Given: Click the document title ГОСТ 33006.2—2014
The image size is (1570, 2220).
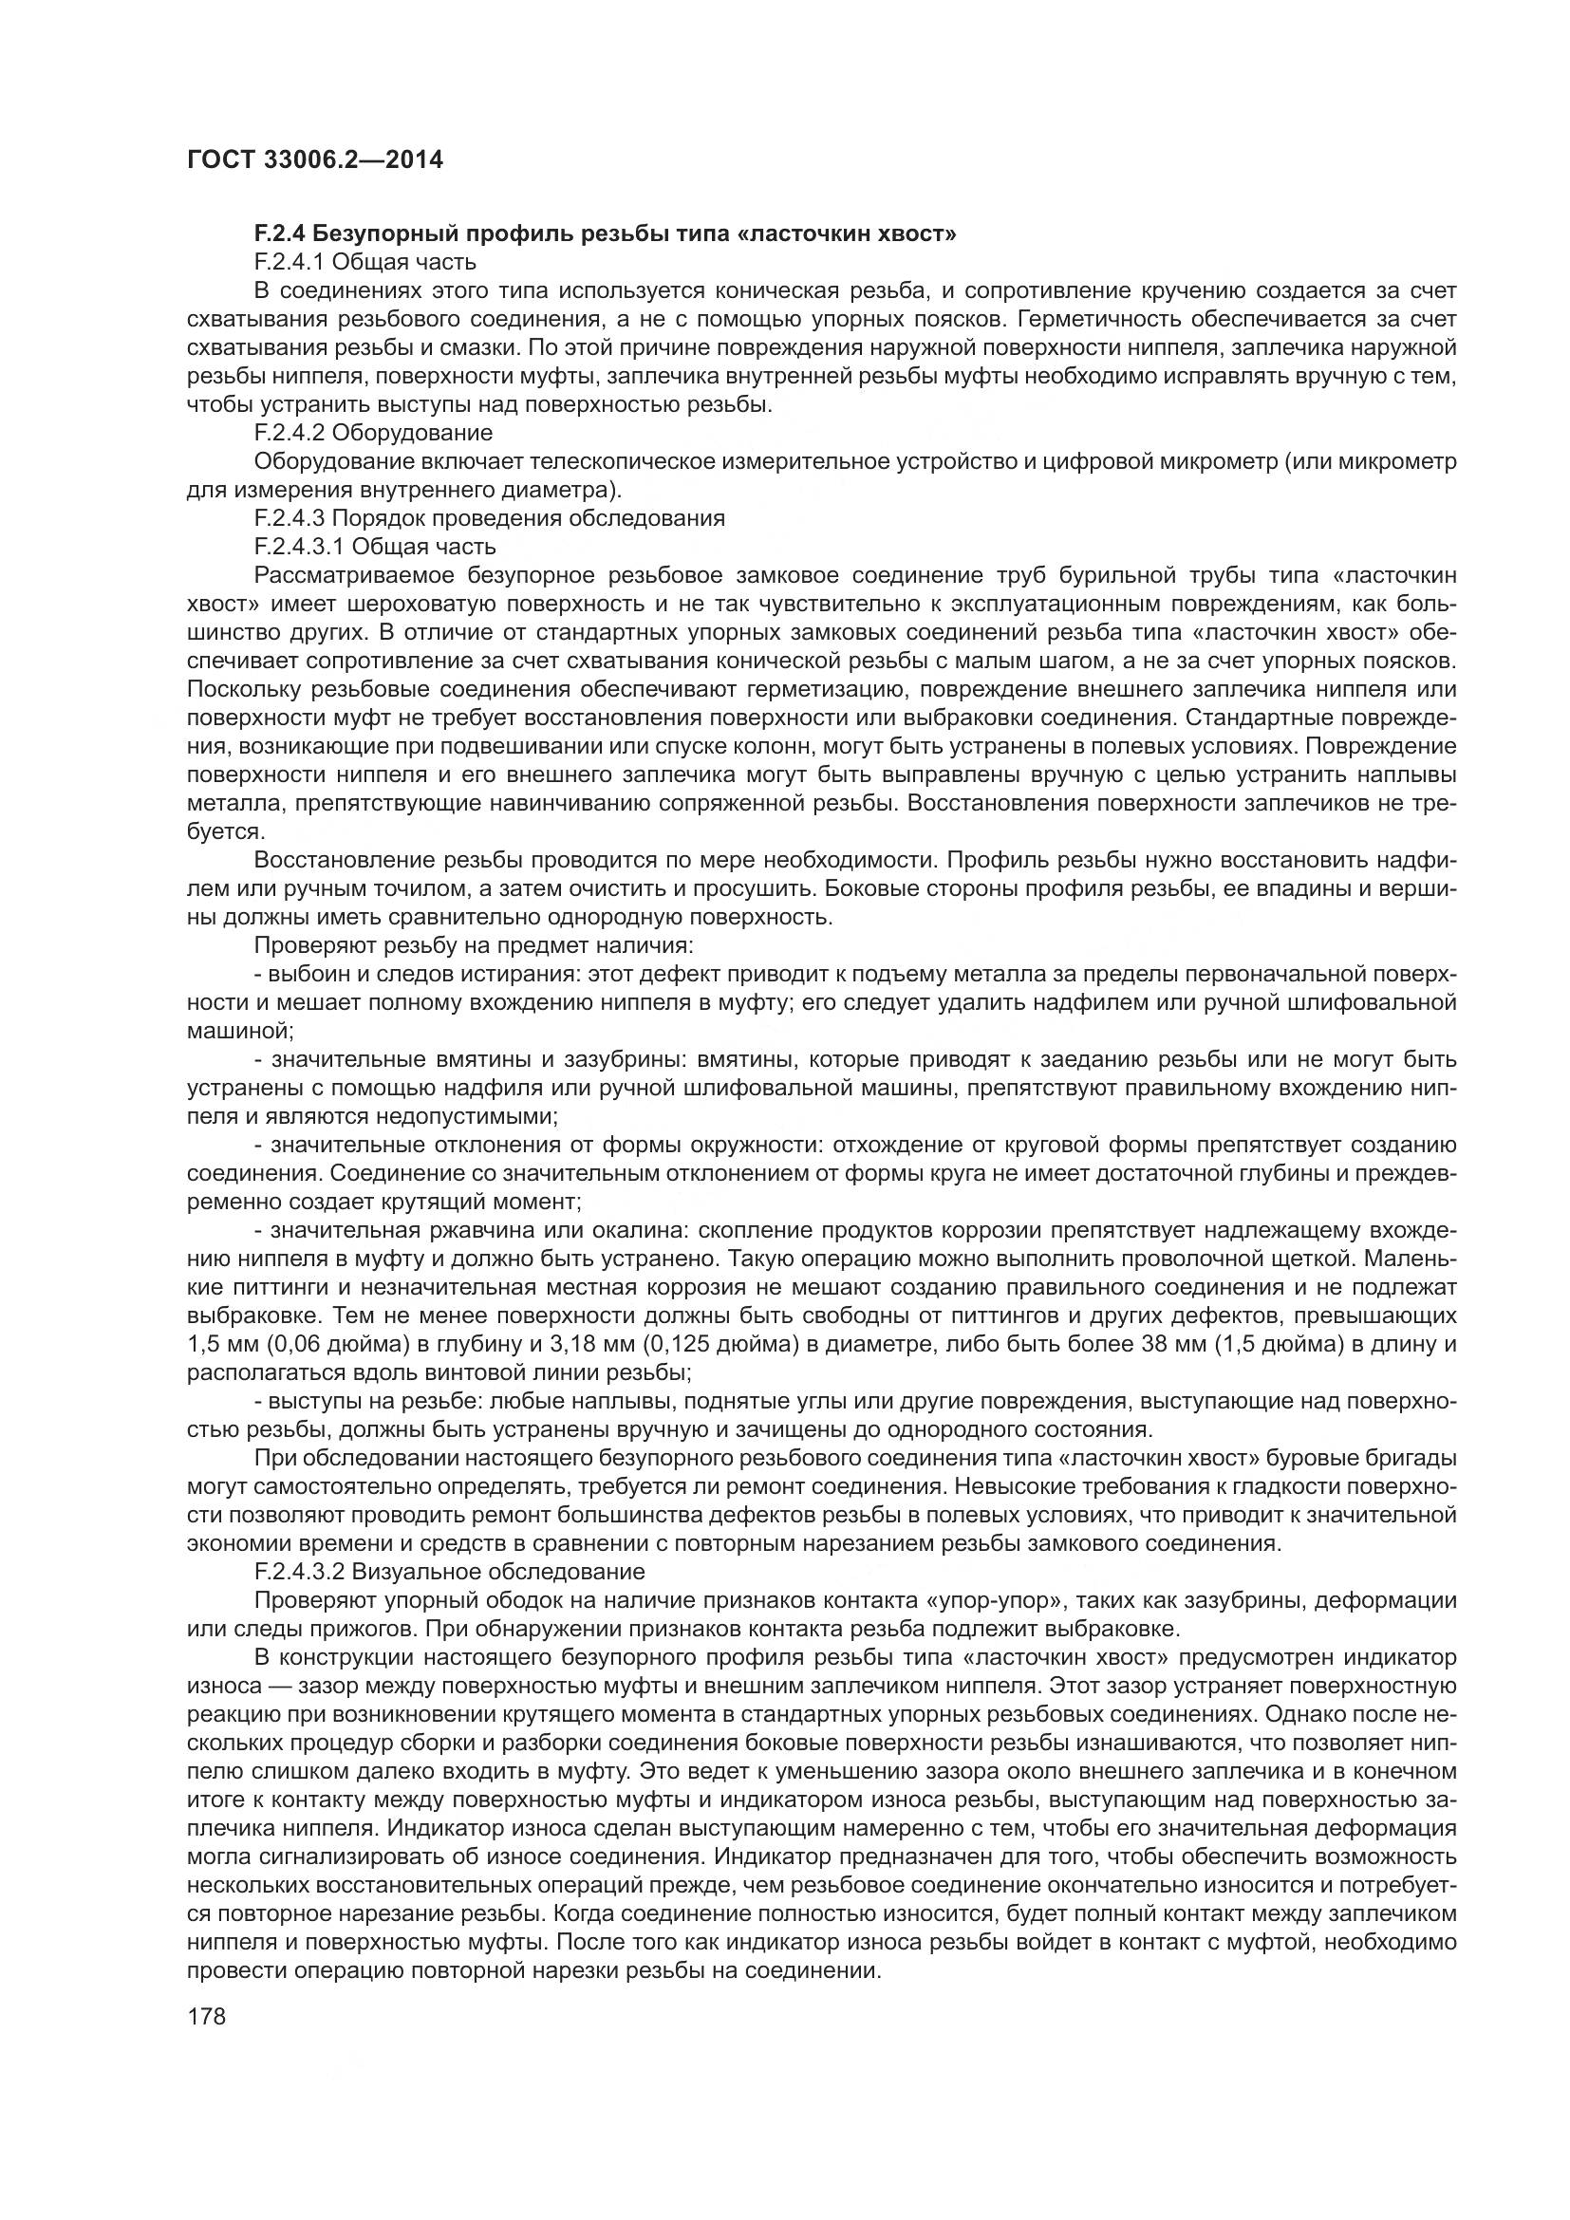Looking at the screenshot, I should (x=314, y=159).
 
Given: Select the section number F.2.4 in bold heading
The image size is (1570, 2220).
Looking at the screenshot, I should (x=280, y=233).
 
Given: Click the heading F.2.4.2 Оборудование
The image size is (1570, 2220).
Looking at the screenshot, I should (x=373, y=432).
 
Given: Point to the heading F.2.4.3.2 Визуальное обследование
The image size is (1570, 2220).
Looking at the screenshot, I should (x=450, y=1571).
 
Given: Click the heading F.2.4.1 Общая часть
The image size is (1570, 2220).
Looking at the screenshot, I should (x=364, y=261).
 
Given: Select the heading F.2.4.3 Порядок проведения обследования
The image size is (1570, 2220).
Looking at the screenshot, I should (x=489, y=517).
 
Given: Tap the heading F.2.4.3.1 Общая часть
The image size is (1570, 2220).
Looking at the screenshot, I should (x=375, y=547).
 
